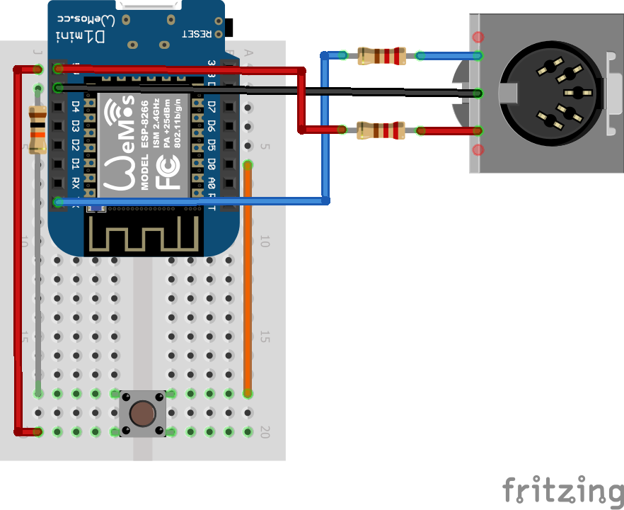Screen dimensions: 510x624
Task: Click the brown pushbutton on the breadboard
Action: point(142,412)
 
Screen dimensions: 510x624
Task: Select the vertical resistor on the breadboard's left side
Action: point(37,128)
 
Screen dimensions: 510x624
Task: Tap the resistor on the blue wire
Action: point(381,55)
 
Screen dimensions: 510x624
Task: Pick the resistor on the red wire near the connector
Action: point(381,130)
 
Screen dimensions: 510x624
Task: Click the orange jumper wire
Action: point(248,283)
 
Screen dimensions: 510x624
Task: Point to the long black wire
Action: point(283,90)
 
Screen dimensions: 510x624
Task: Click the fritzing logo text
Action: point(563,489)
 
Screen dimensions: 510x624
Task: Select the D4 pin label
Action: point(76,108)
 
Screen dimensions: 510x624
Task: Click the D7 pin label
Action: point(212,108)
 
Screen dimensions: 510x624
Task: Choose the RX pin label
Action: point(76,183)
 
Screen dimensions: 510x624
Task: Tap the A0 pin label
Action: point(212,183)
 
